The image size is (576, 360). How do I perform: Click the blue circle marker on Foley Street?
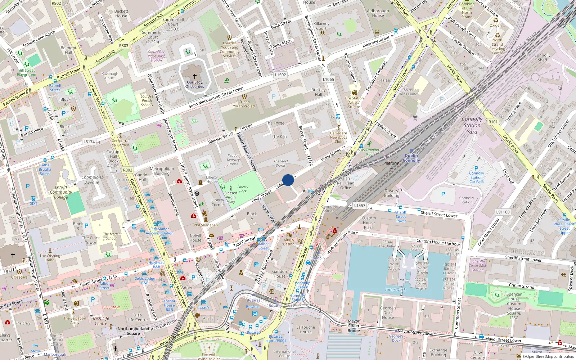click(x=288, y=180)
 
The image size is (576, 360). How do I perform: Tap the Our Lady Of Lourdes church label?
click(x=195, y=84)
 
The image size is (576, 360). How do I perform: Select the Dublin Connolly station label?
click(x=411, y=158)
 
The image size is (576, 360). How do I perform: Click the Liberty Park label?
click(x=243, y=189)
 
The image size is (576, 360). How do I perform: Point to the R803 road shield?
click(x=123, y=46)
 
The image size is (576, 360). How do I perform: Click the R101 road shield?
click(x=493, y=122)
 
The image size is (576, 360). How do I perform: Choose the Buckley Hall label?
click(x=318, y=92)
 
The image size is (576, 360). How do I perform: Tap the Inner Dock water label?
click(x=395, y=289)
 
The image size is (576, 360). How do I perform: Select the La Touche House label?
click(x=305, y=329)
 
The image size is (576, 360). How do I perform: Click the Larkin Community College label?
click(x=61, y=192)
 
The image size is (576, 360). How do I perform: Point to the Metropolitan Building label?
click(x=162, y=171)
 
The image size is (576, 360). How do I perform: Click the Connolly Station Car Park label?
click(x=476, y=177)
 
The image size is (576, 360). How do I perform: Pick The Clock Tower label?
click(x=91, y=240)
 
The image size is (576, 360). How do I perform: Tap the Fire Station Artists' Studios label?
click(x=354, y=102)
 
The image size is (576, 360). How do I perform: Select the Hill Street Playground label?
click(x=27, y=73)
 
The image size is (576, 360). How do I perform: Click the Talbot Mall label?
click(x=111, y=307)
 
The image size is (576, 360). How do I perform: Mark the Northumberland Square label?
click(x=133, y=331)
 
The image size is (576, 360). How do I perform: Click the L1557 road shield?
click(x=359, y=206)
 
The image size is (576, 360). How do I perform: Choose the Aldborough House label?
click(x=378, y=13)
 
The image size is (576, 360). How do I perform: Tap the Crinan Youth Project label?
click(x=244, y=104)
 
